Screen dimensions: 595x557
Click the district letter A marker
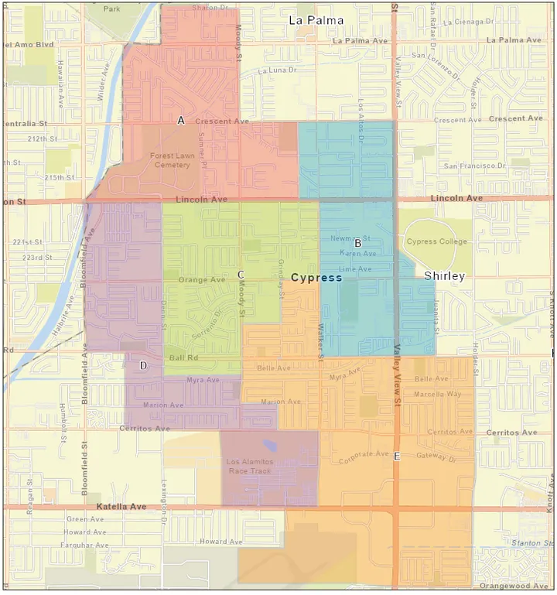[x=181, y=121]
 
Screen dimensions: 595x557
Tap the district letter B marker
[x=358, y=244]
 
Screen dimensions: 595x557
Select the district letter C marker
[x=241, y=275]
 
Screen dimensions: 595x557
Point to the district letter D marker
[x=143, y=365]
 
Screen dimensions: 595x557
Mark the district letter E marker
[x=397, y=457]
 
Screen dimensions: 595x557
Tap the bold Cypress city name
[x=316, y=277]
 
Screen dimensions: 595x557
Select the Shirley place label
[x=444, y=276]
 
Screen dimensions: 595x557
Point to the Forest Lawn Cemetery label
[x=172, y=159]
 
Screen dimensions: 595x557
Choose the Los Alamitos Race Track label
[x=249, y=467]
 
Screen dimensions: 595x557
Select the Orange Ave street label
[x=202, y=280]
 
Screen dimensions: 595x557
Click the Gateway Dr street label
[x=436, y=457]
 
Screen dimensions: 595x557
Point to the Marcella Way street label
[x=437, y=394]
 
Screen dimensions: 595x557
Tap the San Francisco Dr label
[x=474, y=166]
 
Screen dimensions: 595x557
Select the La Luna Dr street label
[x=277, y=70]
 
